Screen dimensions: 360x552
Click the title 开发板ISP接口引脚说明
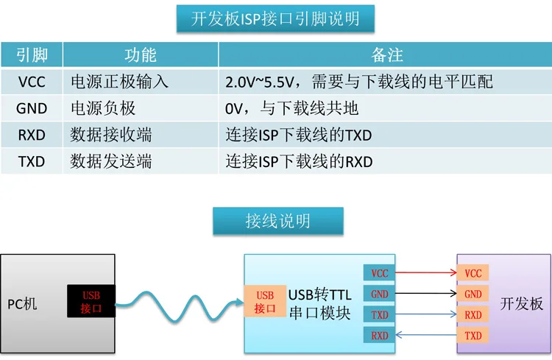(x=275, y=18)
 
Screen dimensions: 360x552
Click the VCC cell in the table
(x=32, y=81)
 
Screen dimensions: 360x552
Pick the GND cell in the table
(x=32, y=108)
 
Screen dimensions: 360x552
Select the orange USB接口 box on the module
(x=265, y=302)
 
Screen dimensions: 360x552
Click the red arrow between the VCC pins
(x=425, y=273)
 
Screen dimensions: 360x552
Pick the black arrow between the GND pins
(x=425, y=294)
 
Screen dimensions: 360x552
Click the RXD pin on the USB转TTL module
(x=379, y=336)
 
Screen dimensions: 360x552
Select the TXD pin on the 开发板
(x=473, y=336)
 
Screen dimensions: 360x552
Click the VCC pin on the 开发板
(x=473, y=273)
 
